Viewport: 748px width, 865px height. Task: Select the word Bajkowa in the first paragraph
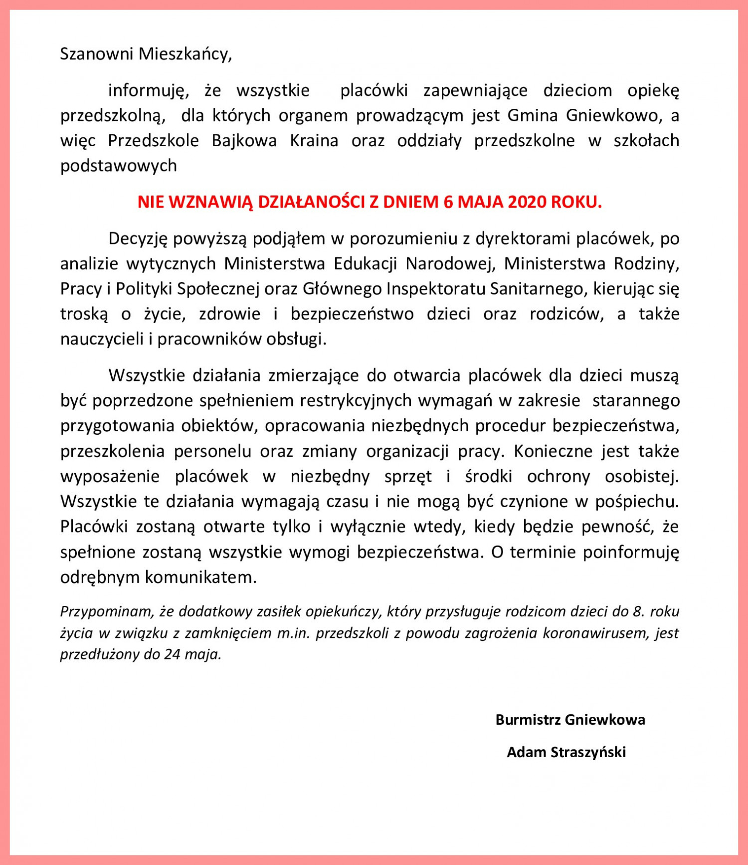[244, 141]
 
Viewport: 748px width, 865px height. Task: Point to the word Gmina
[533, 115]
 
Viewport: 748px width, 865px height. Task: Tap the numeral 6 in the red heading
[447, 202]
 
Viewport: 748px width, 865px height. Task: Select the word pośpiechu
[637, 502]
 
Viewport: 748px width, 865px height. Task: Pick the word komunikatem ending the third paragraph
[200, 577]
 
